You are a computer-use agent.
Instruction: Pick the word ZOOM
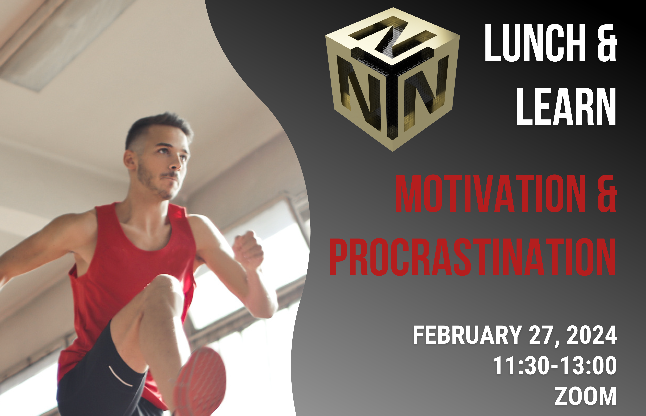(586, 396)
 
